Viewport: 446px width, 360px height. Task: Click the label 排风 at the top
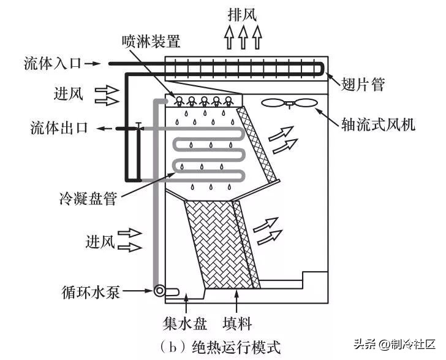[x=243, y=14]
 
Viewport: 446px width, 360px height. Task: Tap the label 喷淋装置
[x=151, y=42]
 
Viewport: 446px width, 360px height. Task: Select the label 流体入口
[x=53, y=63]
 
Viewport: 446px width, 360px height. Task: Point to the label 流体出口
[x=59, y=128]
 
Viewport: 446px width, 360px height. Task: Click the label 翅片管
[x=363, y=84]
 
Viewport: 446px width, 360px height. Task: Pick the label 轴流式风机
[x=378, y=124]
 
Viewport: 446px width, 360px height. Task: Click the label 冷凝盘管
[x=88, y=198]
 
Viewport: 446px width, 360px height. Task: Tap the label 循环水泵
[x=91, y=292]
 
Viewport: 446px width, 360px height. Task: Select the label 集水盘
[x=185, y=324]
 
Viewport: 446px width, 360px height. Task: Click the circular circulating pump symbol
[x=159, y=291]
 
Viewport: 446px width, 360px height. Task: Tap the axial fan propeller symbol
[x=289, y=103]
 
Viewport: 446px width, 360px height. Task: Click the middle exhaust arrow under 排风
[x=243, y=37]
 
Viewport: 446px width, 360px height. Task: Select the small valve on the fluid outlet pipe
[x=138, y=126]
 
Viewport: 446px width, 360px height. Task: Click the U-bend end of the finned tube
[x=322, y=69]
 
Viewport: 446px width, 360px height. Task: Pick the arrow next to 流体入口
[x=93, y=64]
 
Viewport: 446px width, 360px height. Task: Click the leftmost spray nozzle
[x=180, y=101]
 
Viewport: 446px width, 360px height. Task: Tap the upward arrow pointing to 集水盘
[x=186, y=304]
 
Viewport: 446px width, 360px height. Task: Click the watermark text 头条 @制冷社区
[x=395, y=344]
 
